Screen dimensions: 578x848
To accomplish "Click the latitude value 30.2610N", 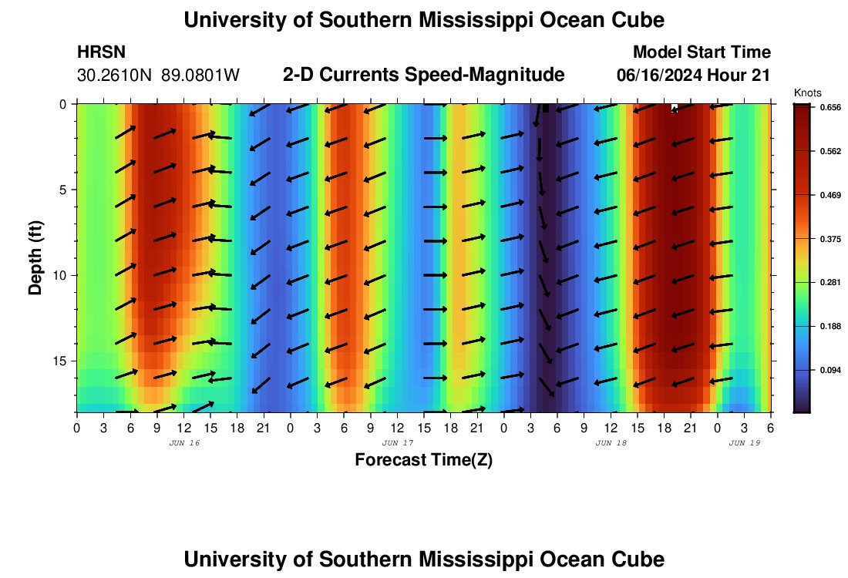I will click(116, 76).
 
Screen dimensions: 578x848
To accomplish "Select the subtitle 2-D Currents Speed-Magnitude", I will click(424, 75).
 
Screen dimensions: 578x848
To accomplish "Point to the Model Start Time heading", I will click(701, 52).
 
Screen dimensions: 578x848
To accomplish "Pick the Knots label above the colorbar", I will click(807, 93).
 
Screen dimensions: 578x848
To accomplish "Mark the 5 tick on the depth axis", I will click(66, 190).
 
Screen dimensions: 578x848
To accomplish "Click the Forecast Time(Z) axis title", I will click(423, 460).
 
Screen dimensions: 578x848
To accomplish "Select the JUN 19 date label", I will click(744, 443).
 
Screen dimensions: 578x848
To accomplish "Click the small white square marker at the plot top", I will click(674, 108).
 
